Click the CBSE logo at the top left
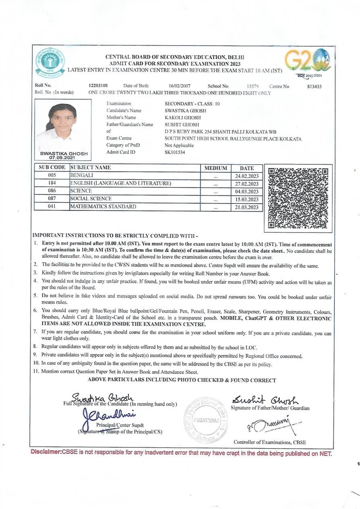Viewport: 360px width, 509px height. point(50,63)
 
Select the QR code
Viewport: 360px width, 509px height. point(298,198)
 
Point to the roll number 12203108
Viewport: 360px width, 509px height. point(98,86)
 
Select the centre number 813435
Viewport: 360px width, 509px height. point(314,86)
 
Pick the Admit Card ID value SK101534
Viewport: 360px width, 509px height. point(175,152)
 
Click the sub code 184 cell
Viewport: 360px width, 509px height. point(52,183)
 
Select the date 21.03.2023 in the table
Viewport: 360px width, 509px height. point(247,207)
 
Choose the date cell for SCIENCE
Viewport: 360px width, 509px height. point(247,191)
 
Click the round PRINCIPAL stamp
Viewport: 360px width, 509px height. point(206,420)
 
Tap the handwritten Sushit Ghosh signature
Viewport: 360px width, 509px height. point(265,400)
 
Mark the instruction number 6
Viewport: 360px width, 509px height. point(35,310)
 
